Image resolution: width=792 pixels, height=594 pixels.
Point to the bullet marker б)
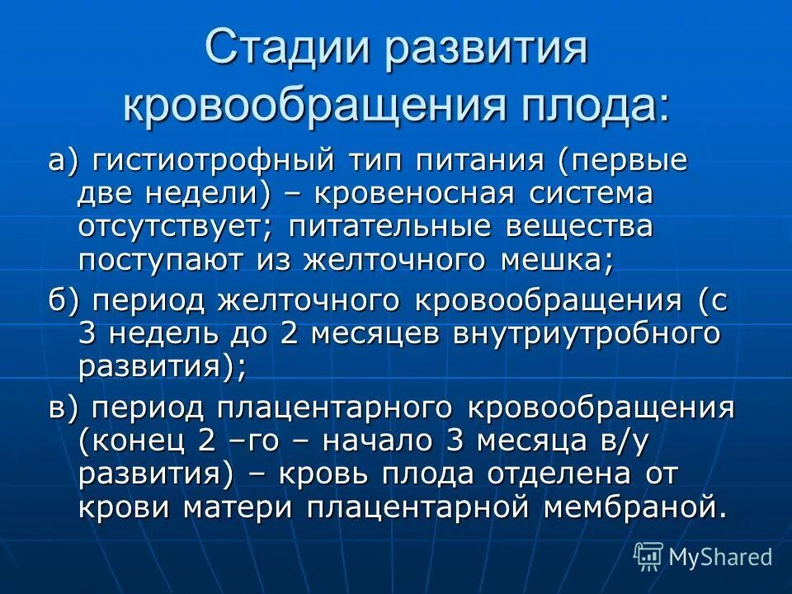point(63,301)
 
